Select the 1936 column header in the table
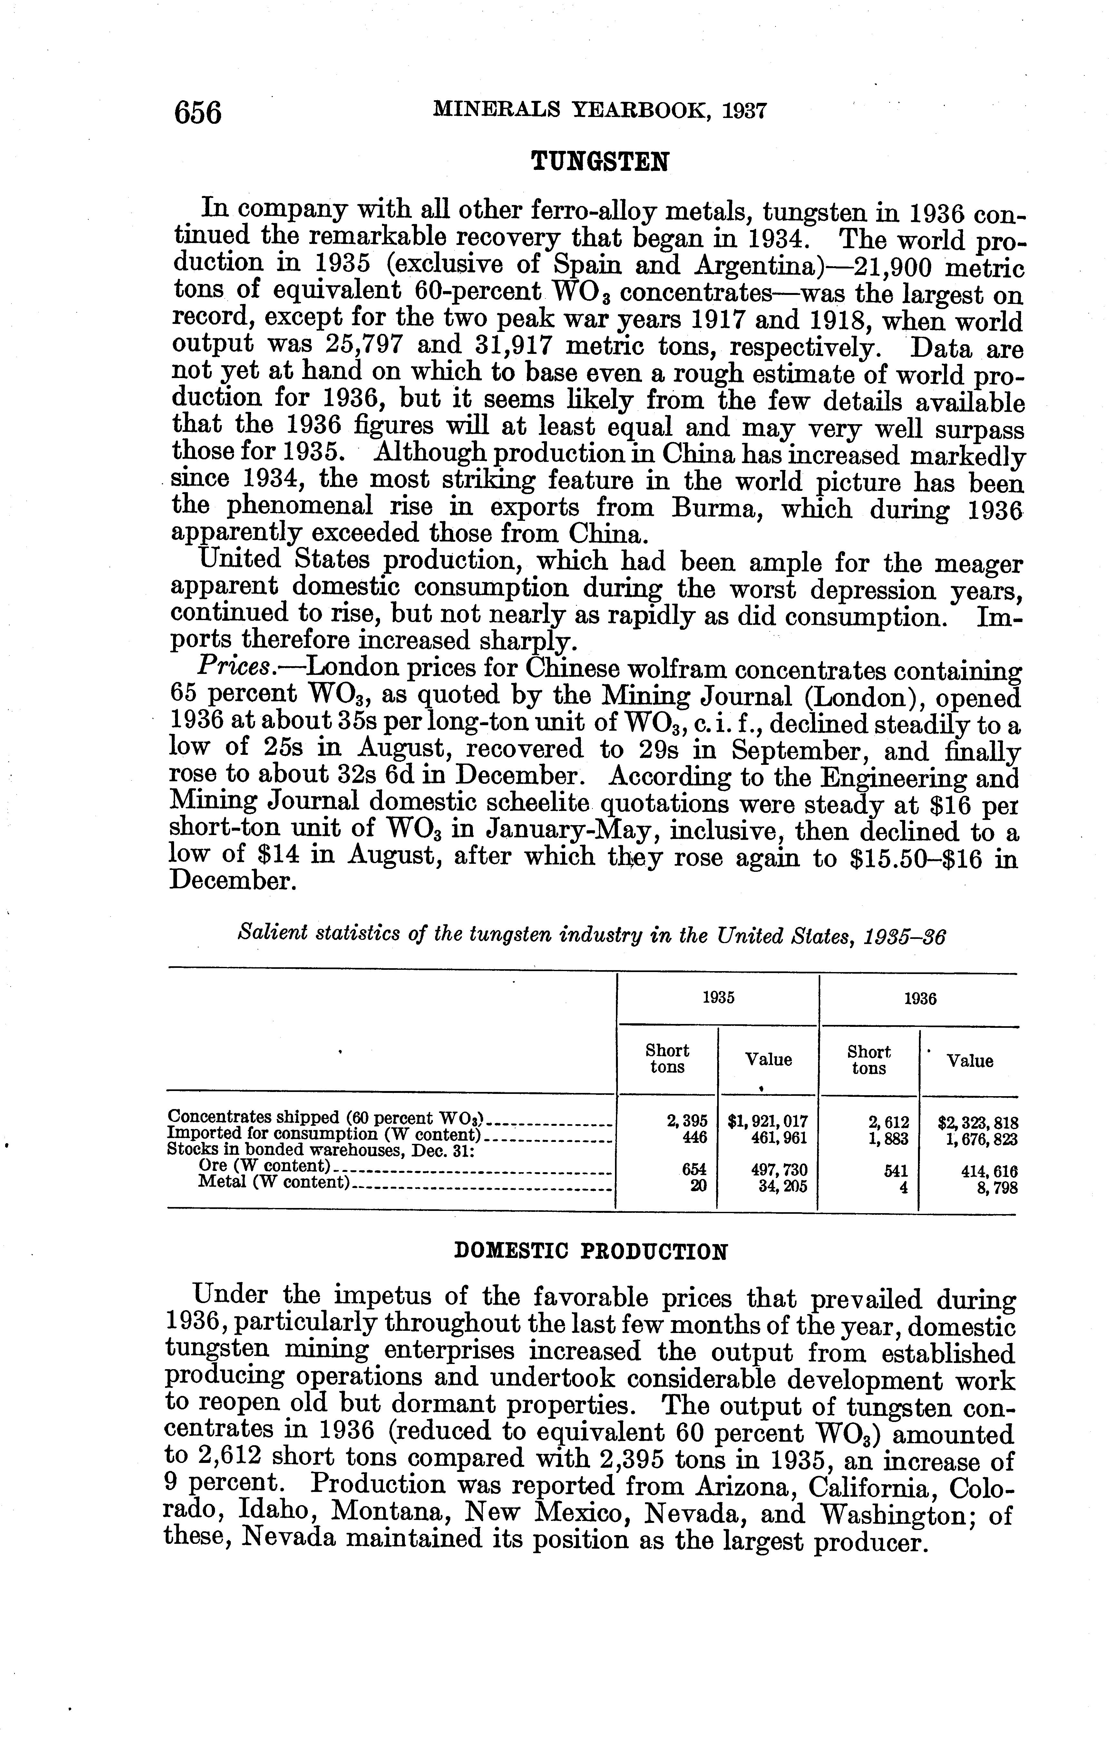coord(920,999)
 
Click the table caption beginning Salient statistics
coord(591,935)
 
